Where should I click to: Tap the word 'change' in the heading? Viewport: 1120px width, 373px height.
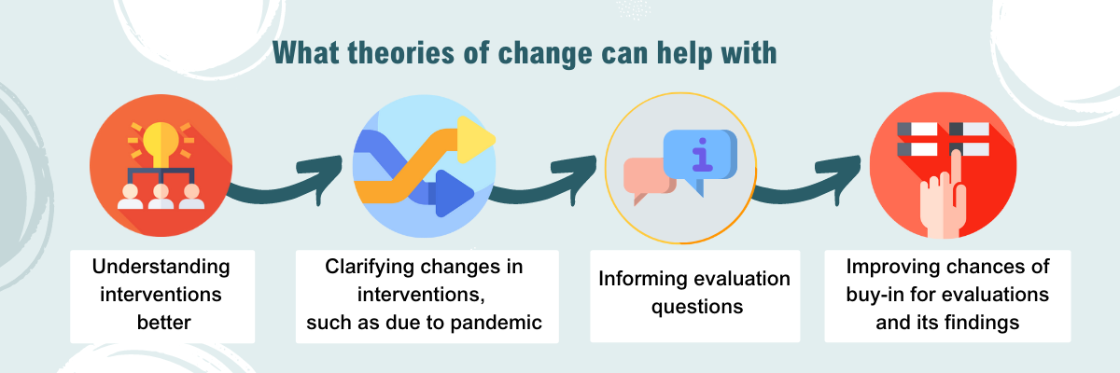click(545, 54)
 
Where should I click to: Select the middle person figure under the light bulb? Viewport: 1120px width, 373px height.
click(161, 196)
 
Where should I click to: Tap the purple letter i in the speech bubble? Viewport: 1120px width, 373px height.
click(703, 154)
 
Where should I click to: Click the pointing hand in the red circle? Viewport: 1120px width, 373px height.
click(943, 200)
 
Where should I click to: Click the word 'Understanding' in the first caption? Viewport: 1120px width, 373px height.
click(161, 267)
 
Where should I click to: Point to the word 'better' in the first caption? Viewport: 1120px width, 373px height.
click(164, 323)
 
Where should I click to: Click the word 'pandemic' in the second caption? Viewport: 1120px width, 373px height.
click(496, 323)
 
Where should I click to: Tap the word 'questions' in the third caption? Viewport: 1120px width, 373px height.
click(697, 307)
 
